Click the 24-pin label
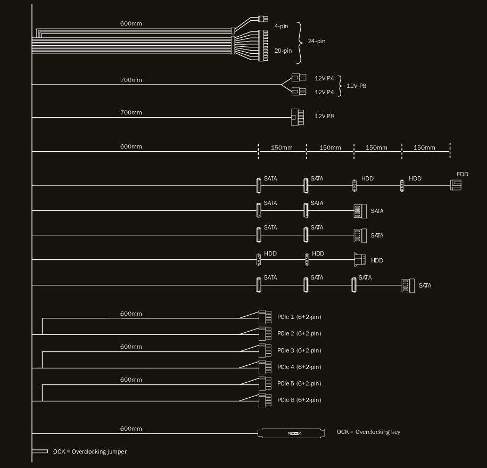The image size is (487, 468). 317,41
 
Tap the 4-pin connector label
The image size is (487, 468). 281,26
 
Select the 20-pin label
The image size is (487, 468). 283,51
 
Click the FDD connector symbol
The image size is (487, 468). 456,185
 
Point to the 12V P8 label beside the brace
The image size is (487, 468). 356,85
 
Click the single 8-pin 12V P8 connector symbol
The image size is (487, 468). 297,117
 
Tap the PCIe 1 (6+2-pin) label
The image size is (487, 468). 299,317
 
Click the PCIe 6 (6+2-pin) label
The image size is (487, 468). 299,400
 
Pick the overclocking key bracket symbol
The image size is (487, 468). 291,433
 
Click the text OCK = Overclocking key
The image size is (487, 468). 368,432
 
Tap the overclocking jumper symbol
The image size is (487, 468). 40,451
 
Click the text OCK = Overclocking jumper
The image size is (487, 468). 89,451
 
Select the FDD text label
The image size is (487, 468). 462,174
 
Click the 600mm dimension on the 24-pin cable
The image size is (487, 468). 131,23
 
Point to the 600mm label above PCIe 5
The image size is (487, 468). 131,380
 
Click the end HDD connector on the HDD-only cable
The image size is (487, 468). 360,260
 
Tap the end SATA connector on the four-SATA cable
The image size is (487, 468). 408,285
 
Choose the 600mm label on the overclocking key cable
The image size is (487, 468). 131,429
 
